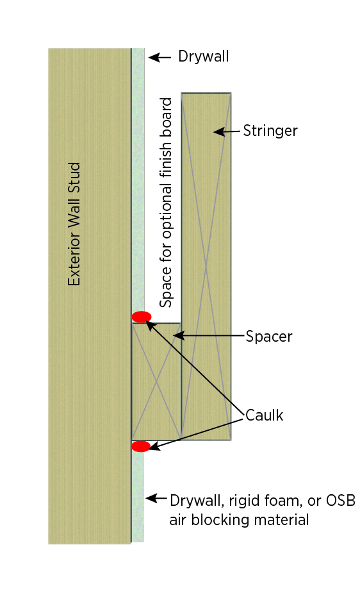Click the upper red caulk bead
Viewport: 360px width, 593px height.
click(142, 317)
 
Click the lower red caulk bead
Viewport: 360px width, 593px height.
click(141, 446)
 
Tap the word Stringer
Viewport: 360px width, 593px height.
click(270, 131)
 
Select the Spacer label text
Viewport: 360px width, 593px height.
click(269, 337)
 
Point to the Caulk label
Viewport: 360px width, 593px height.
click(264, 415)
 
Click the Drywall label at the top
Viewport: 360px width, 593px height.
click(203, 56)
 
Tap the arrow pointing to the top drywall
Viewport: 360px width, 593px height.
click(160, 58)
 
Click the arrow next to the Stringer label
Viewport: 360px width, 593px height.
click(227, 131)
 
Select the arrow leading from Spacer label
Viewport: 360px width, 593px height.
click(209, 335)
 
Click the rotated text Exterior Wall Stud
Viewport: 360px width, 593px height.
click(74, 224)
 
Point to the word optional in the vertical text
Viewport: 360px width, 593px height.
click(166, 207)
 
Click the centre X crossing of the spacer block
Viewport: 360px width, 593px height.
click(156, 381)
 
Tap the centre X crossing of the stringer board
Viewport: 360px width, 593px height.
click(206, 266)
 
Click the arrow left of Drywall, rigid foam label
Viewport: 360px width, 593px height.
click(156, 498)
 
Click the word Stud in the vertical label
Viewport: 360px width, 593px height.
click(74, 176)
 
